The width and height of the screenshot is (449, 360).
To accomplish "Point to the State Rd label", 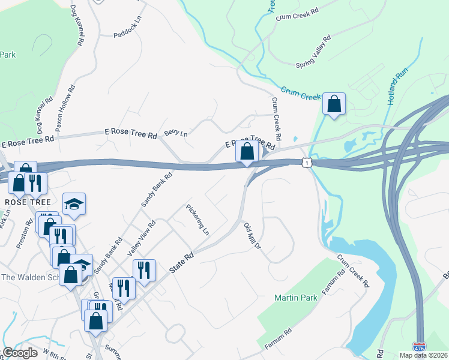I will click(x=181, y=263).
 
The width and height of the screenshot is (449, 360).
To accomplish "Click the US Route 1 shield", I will click(x=307, y=162).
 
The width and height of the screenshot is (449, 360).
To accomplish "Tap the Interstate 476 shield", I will click(x=419, y=347).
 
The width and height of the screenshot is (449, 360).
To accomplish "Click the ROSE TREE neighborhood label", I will click(x=24, y=202).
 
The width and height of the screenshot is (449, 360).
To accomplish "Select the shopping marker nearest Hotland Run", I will click(x=334, y=104).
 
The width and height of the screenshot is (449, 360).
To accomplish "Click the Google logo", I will click(x=20, y=353).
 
